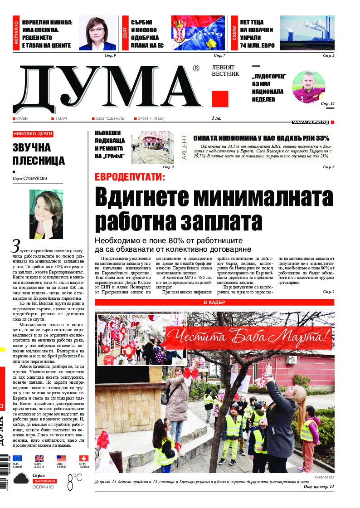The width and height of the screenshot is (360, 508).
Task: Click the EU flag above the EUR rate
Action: tap(17, 458)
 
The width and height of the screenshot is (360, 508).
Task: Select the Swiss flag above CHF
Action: tap(84, 458)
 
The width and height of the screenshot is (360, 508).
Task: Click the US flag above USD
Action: tap(61, 458)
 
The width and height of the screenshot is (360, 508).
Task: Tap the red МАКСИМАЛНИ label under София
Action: tap(44, 481)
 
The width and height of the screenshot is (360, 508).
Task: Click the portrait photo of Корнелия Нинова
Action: tap(97, 33)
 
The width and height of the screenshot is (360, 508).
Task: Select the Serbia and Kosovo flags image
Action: tap(198, 33)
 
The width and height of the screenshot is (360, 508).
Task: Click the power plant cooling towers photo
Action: tap(307, 33)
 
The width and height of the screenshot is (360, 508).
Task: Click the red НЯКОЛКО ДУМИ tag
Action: tap(33, 134)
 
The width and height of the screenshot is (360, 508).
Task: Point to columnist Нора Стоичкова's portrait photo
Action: tap(46, 214)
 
